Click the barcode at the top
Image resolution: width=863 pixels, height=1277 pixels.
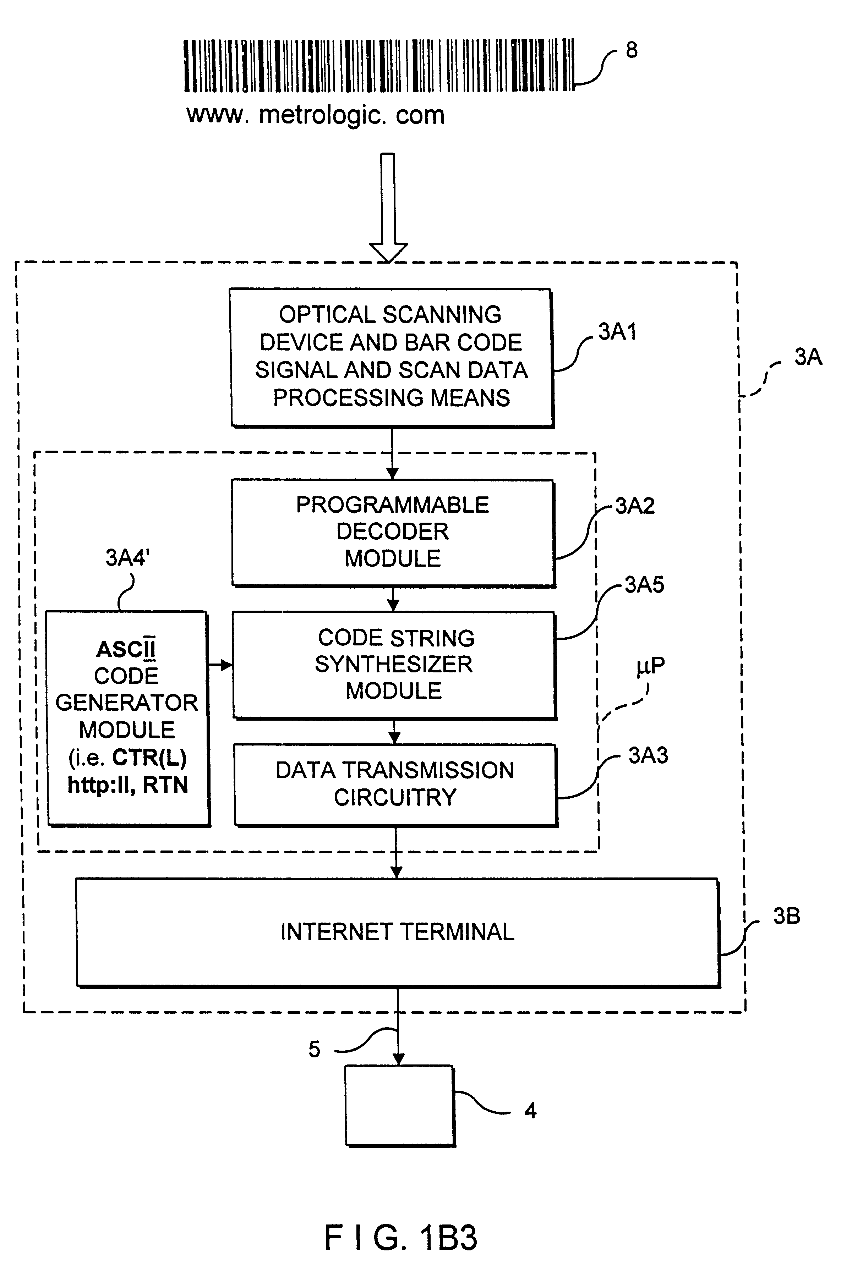tap(379, 65)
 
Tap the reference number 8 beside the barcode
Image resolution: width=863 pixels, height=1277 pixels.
tap(632, 50)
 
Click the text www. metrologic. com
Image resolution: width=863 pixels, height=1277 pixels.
tap(316, 115)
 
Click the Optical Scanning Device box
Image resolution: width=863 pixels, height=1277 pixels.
tap(391, 357)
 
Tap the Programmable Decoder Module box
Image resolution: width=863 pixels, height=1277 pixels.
tap(393, 532)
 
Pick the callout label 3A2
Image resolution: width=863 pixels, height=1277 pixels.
tap(635, 506)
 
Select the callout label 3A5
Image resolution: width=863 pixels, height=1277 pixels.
tap(644, 585)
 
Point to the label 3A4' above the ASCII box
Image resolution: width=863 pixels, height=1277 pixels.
tap(127, 558)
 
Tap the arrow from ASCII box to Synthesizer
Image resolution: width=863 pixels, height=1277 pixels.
tap(220, 665)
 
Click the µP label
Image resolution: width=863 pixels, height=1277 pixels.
tap(650, 666)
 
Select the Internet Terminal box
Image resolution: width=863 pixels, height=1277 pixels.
tap(397, 932)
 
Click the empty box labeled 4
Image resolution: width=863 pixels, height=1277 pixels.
tap(400, 1106)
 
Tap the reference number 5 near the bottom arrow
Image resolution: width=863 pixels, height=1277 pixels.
tap(314, 1050)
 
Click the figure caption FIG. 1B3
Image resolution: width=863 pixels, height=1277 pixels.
tap(401, 1238)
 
